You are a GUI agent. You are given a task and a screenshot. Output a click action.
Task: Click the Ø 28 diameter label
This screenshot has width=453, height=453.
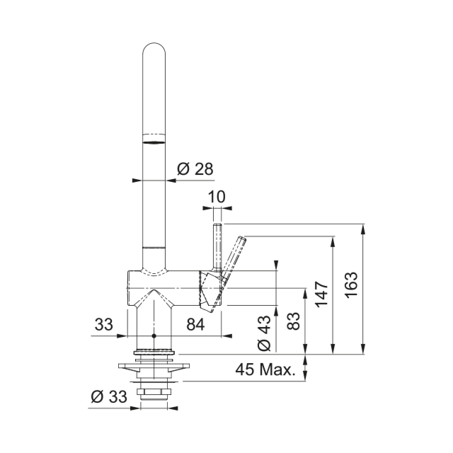(x=195, y=169)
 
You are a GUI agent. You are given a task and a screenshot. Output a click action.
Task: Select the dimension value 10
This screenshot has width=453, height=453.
(x=217, y=197)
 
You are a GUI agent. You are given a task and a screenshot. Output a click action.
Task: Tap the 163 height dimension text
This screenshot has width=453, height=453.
(x=351, y=285)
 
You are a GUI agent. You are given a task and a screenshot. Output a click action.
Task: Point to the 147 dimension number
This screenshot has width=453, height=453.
(x=321, y=294)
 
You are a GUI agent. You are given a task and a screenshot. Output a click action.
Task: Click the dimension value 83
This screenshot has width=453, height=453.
(x=294, y=321)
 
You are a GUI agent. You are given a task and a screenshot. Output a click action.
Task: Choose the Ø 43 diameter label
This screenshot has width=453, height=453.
(x=264, y=333)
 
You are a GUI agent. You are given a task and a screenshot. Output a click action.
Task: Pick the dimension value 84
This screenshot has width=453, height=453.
(x=195, y=324)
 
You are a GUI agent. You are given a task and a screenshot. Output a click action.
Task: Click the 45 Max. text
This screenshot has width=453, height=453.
(x=265, y=369)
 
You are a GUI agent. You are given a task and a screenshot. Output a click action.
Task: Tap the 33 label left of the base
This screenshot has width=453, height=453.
(x=104, y=324)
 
